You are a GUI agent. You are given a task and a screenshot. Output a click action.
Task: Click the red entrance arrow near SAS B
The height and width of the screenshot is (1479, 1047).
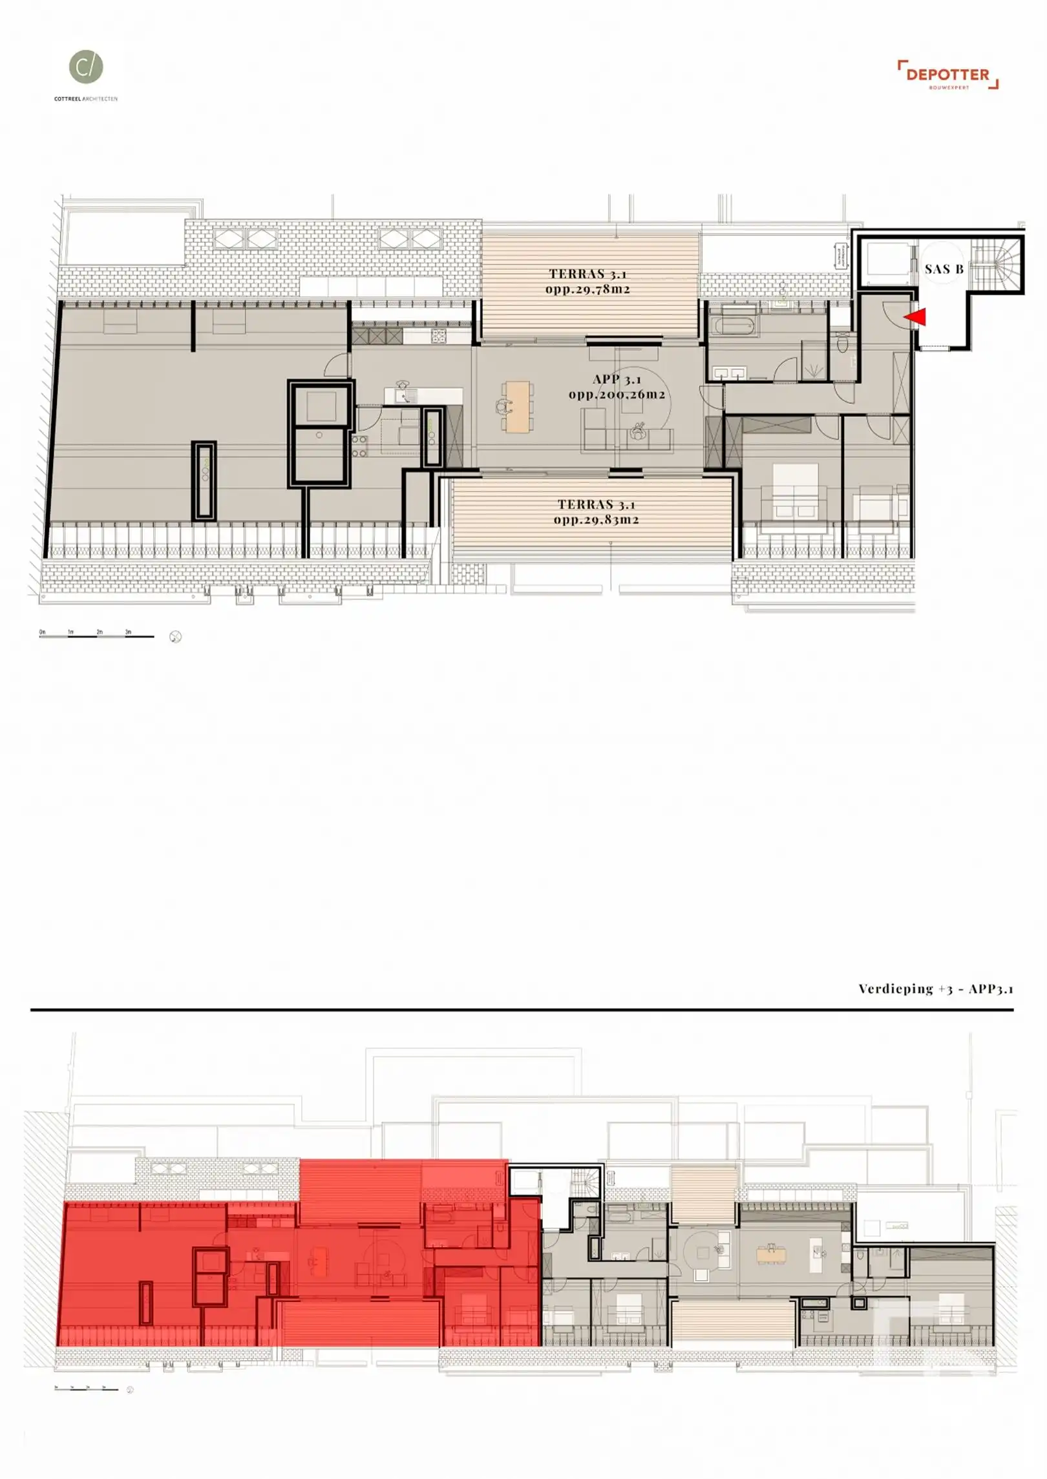915,316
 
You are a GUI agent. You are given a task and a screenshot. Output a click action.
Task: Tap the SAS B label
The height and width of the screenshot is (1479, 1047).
943,269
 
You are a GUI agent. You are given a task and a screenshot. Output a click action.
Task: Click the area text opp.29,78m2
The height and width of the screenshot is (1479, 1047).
587,289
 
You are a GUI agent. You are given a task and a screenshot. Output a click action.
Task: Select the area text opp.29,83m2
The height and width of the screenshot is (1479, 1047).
596,520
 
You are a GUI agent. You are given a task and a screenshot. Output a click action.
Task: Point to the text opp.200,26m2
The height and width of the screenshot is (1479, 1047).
617,395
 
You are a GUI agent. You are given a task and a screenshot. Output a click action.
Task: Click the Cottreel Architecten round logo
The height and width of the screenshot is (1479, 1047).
86,67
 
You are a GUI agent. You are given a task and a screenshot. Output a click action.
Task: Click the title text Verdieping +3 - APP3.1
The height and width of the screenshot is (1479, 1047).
935,989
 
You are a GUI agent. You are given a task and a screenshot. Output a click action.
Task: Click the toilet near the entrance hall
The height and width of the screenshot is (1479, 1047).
842,343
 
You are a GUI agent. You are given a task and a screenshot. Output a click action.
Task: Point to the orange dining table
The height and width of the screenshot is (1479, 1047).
518,406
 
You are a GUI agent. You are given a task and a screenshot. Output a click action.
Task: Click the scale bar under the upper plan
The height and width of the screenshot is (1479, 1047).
96,636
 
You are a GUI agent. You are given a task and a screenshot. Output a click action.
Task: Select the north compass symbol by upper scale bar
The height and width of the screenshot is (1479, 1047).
175,637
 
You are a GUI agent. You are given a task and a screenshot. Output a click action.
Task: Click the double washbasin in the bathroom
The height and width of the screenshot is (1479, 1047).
730,373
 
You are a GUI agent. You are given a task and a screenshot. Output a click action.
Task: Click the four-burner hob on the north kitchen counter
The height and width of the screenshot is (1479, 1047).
438,335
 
